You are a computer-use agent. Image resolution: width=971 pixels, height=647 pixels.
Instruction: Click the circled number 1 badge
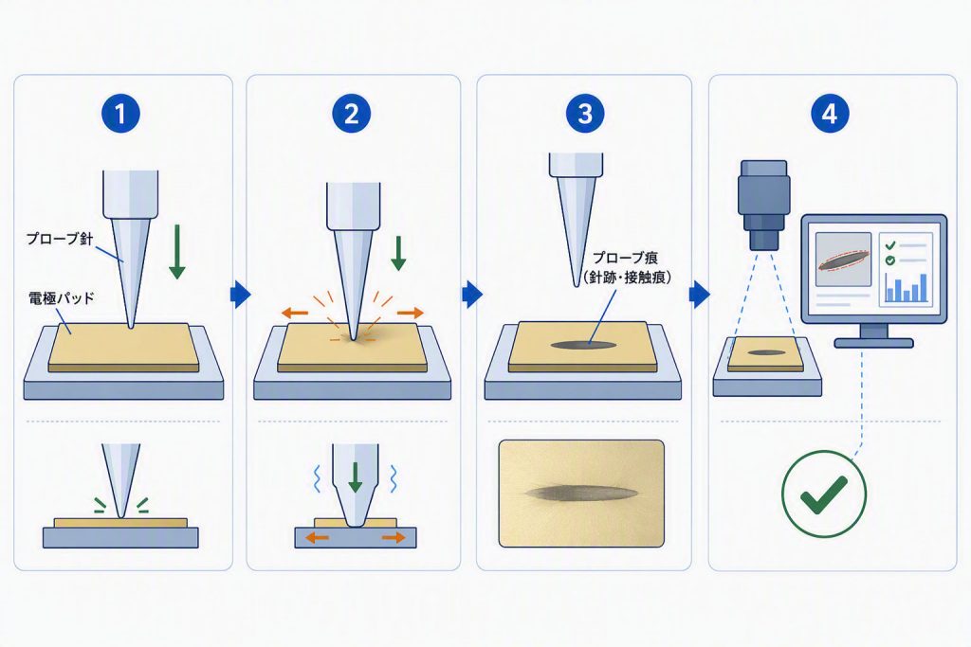[x=120, y=113]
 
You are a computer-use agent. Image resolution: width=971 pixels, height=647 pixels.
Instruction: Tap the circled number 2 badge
[x=351, y=113]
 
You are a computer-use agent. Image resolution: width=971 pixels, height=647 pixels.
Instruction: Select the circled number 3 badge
[x=584, y=113]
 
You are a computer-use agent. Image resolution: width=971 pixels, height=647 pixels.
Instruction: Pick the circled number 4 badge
[x=829, y=113]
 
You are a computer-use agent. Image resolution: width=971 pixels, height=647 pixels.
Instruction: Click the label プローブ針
[x=60, y=239]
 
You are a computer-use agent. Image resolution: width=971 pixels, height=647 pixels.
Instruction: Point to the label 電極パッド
[x=62, y=298]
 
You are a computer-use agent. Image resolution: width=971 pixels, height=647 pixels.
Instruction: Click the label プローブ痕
[x=625, y=258]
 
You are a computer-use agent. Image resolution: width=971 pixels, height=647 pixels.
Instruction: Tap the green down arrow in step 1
[x=177, y=252]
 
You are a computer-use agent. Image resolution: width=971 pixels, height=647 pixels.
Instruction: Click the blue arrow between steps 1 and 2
[x=240, y=295]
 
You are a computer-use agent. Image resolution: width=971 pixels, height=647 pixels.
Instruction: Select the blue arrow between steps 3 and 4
[x=700, y=295]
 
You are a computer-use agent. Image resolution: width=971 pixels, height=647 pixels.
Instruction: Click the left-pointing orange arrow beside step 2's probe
[x=295, y=313]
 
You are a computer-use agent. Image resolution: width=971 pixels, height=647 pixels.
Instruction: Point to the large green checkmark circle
[x=824, y=494]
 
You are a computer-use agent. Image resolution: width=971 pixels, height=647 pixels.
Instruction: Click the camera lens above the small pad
[x=763, y=206]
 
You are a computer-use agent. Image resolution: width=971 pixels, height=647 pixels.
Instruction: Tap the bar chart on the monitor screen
[x=907, y=288]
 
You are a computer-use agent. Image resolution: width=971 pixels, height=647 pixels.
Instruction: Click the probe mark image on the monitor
[x=843, y=260]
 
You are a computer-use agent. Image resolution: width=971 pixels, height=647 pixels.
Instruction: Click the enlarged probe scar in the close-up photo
[x=581, y=493]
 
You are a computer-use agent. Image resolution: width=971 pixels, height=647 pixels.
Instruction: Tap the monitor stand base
[x=873, y=343]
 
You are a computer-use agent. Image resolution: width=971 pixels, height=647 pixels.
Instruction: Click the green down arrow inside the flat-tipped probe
[x=355, y=477]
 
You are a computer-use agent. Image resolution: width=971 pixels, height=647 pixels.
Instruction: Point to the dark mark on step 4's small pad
[x=766, y=352]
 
